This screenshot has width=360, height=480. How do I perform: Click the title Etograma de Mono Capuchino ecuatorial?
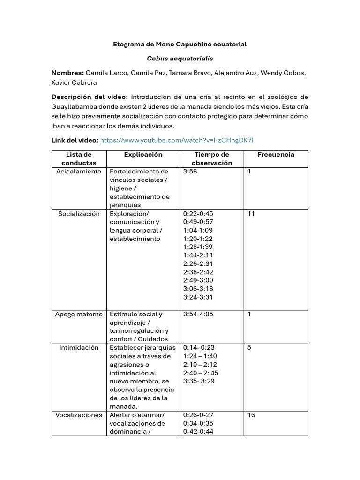coord(180,44)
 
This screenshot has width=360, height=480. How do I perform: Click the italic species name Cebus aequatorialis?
coord(180,59)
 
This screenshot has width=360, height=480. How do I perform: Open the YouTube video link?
coord(177,140)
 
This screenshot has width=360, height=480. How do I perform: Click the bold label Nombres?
coord(67,73)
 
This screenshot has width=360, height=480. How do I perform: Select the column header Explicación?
coord(143,155)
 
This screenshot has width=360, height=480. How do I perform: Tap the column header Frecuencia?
coord(276,155)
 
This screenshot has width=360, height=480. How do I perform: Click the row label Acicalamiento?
coord(79,172)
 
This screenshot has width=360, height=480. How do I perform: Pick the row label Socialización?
coord(79,214)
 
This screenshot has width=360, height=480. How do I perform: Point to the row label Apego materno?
coord(79,314)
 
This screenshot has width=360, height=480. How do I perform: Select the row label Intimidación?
coord(79,348)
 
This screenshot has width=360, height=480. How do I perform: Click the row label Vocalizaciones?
coord(79,415)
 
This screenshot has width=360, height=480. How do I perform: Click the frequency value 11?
coord(251,214)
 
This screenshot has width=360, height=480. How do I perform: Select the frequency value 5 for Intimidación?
coord(249,348)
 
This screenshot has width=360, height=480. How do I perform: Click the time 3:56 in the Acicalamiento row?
coord(191,172)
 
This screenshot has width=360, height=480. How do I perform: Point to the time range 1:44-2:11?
coord(198,255)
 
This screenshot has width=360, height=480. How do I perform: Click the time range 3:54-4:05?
coord(198,314)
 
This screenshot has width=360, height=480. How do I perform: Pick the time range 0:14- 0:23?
coord(199,348)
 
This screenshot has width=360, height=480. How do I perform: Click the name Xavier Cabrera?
coord(74,83)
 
